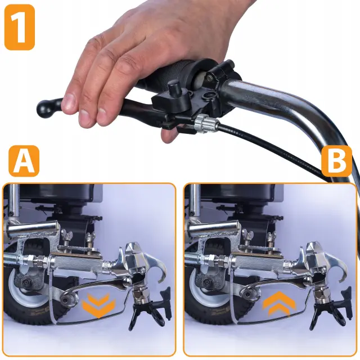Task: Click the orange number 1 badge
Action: tap(20, 27)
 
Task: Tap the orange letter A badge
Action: tap(24, 161)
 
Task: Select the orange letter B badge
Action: tap(336, 161)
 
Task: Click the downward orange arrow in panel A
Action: tap(98, 305)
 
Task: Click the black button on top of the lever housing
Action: tap(174, 88)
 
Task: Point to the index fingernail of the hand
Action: tap(69, 102)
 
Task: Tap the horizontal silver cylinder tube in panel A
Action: tap(32, 227)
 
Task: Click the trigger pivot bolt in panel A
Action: tap(66, 300)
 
